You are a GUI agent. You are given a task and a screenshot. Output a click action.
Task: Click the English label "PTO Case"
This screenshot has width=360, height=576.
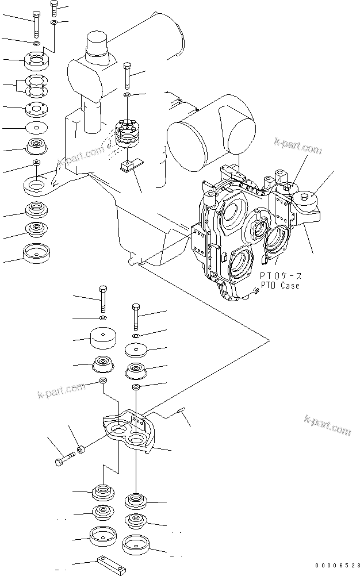click(280, 285)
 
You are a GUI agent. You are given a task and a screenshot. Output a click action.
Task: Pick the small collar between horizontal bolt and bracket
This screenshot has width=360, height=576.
click(81, 448)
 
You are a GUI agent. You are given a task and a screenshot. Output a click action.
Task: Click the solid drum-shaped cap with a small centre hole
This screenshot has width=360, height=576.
click(103, 337)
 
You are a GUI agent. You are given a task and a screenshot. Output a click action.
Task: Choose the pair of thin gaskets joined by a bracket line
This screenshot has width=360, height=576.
click(37, 87)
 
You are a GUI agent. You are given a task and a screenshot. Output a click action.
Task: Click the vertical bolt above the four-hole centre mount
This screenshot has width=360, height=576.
click(127, 75)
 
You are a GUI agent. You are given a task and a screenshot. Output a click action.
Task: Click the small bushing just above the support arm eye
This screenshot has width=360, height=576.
click(36, 162)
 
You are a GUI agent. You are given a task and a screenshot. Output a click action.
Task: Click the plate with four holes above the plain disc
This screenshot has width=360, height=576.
click(37, 109)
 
